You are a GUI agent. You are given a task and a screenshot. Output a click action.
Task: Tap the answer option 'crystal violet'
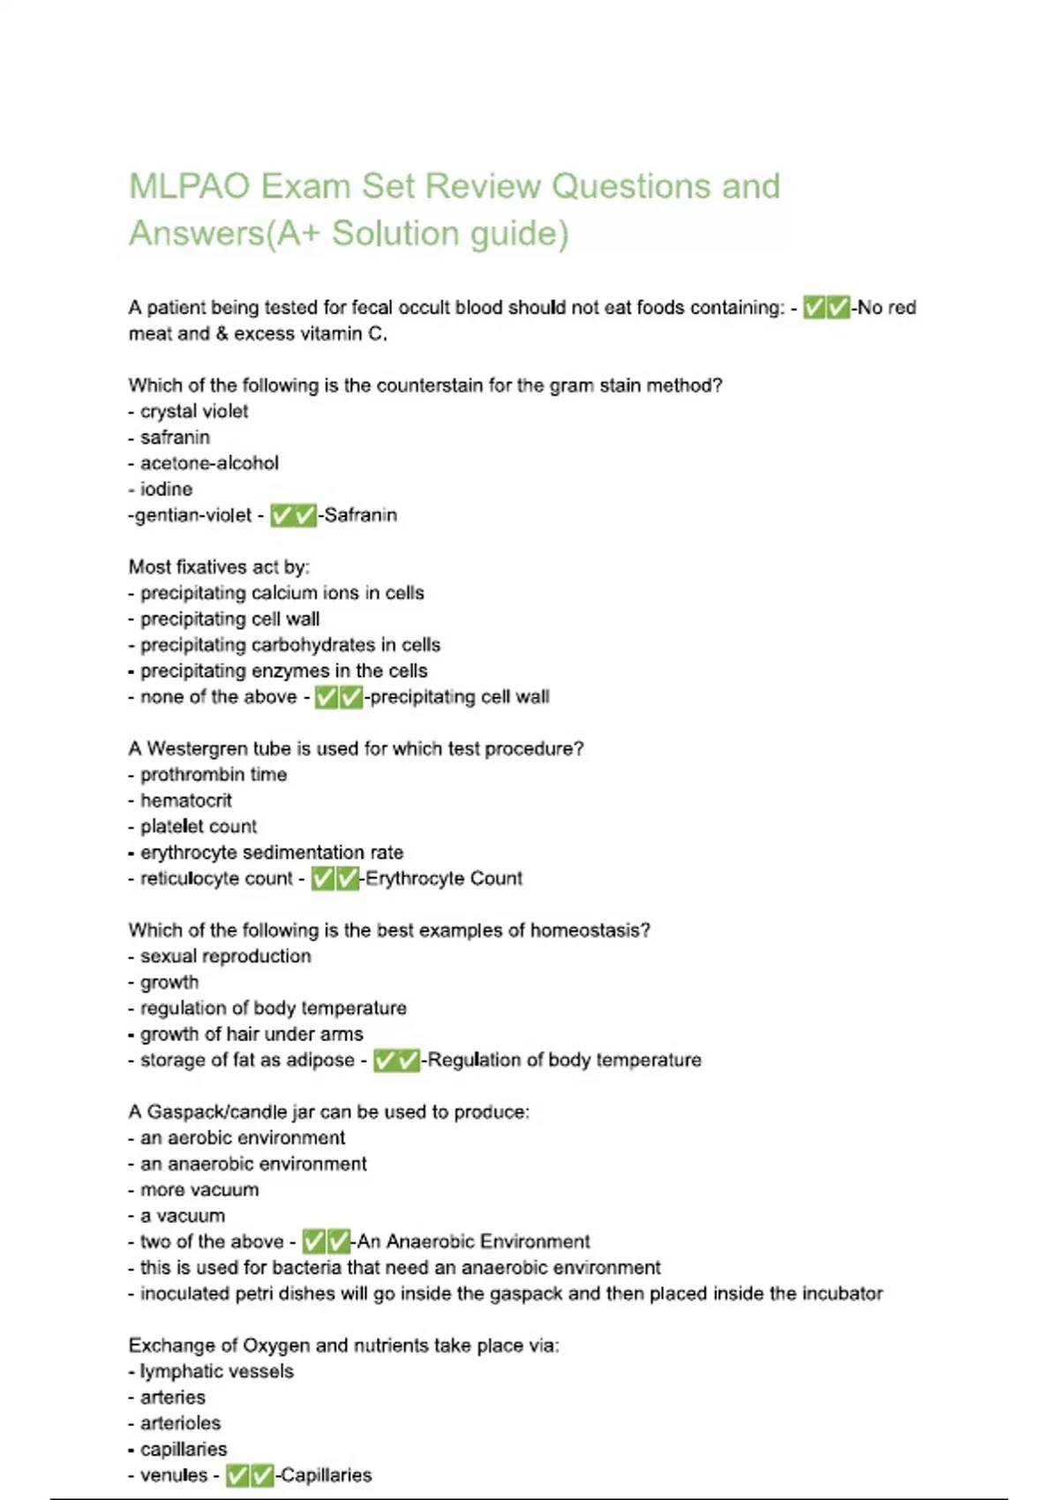tap(193, 411)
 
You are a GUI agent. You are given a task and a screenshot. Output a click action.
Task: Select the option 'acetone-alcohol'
tap(209, 463)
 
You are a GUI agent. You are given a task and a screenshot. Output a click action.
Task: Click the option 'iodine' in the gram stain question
tap(166, 489)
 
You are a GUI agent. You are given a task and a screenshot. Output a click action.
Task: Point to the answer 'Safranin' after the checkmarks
tap(360, 515)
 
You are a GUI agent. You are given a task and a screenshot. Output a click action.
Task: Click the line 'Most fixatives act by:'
tap(219, 566)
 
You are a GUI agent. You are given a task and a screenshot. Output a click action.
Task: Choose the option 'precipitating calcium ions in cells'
tap(282, 593)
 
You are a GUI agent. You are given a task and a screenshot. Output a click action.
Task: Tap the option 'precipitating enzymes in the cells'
tap(283, 671)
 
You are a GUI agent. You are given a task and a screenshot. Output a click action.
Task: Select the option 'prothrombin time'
tap(214, 775)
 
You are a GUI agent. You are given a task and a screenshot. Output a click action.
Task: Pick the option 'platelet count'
tap(199, 827)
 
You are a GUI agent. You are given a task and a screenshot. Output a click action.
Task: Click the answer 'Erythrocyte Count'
tap(444, 879)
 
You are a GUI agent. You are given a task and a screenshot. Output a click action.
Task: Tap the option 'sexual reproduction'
tap(225, 956)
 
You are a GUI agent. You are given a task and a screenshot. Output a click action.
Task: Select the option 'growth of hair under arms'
tap(252, 1034)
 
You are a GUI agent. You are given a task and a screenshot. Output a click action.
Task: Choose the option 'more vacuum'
tap(199, 1189)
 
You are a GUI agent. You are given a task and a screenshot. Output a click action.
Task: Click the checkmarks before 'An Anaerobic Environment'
tap(327, 1242)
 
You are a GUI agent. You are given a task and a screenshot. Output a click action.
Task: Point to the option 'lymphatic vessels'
tap(216, 1371)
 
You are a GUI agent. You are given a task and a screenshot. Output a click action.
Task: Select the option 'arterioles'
tap(181, 1423)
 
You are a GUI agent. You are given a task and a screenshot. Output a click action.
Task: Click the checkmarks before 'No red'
tap(827, 308)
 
